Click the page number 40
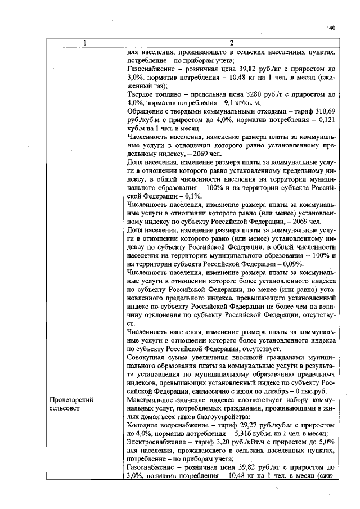(x=331, y=28)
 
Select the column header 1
(x=84, y=43)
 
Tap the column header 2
(x=231, y=43)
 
